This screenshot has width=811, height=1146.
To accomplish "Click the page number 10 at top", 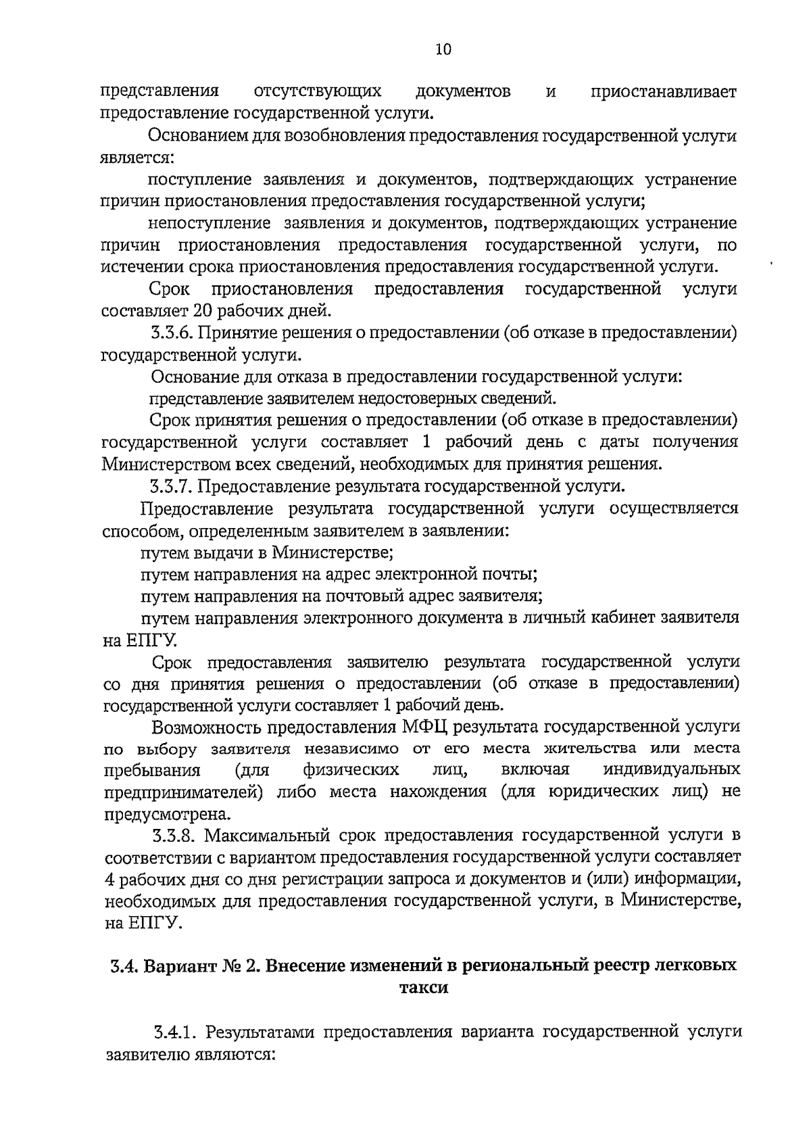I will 443,49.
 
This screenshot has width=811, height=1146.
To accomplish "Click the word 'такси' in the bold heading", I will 424,987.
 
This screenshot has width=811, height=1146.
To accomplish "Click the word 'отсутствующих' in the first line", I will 317,91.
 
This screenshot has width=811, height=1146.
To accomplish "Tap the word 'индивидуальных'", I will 671,770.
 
